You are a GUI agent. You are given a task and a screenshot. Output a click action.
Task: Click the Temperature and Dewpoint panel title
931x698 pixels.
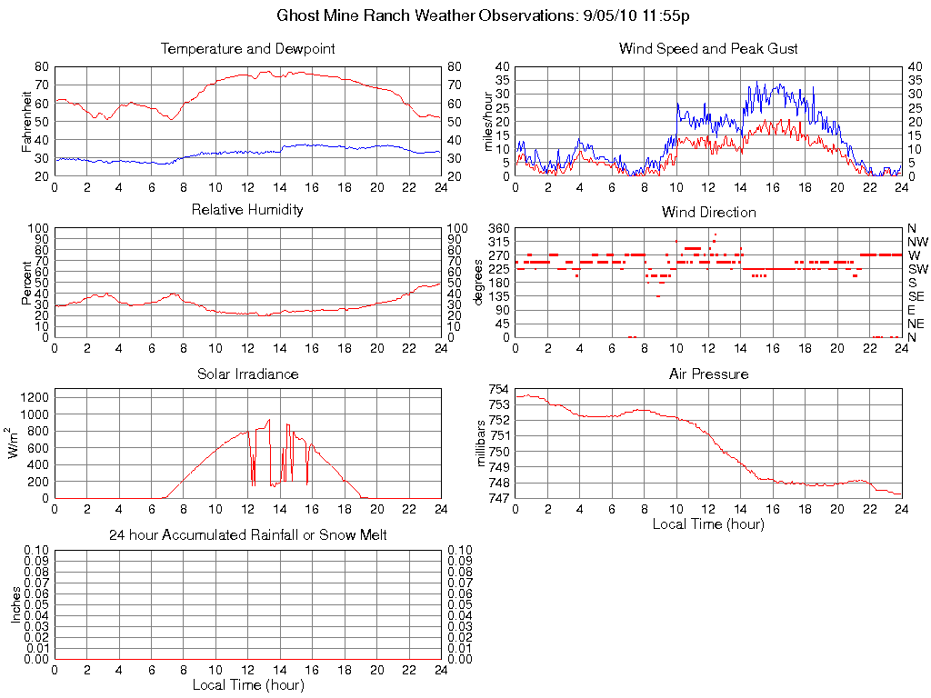pos(247,48)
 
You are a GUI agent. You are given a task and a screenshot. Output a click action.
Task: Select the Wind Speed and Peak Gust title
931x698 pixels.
pos(708,48)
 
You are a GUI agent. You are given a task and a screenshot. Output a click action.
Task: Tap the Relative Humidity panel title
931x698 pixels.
pos(247,210)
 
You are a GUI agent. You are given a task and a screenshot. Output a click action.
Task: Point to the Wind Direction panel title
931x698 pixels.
pos(708,212)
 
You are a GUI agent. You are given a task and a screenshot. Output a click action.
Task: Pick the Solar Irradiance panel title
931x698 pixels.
pos(247,374)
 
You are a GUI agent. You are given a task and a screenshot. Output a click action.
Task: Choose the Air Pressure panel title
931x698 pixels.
pos(708,374)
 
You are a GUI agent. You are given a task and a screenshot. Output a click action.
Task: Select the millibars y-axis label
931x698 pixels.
pos(484,444)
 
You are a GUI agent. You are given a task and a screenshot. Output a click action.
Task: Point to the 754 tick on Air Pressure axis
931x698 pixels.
pos(499,390)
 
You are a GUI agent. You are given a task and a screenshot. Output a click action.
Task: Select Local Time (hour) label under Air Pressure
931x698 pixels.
pos(708,523)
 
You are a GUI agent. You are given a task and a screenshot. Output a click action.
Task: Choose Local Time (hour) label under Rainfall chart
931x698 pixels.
pos(247,684)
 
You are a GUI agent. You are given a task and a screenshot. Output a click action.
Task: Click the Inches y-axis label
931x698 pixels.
pos(16,604)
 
